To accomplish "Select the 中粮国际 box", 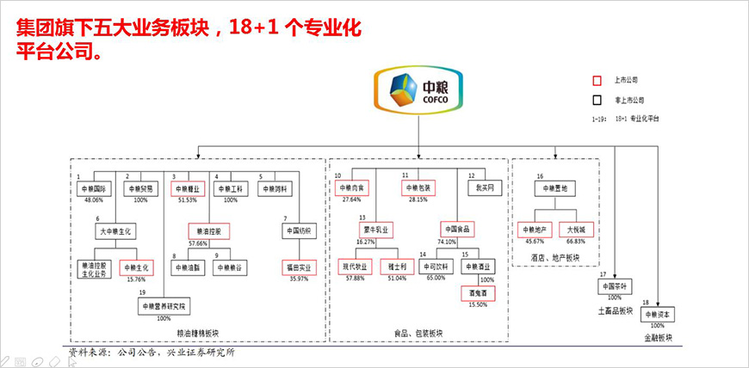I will click(x=93, y=189).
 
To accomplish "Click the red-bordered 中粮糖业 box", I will click(x=190, y=189).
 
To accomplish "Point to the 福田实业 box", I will click(x=300, y=267).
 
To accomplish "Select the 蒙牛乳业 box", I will click(x=375, y=230).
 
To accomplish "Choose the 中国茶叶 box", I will click(x=615, y=286).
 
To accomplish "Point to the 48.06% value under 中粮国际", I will click(x=93, y=200).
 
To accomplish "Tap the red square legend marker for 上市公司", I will click(x=596, y=82).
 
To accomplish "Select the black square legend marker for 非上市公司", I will click(x=596, y=100).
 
